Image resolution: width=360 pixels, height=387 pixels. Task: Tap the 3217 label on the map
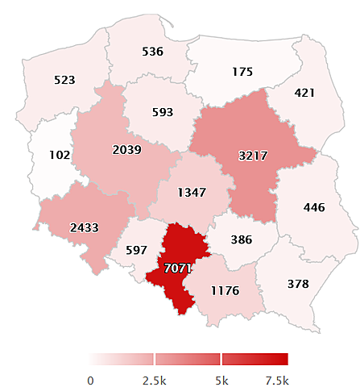click(x=252, y=154)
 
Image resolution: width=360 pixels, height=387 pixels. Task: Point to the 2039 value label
click(x=127, y=149)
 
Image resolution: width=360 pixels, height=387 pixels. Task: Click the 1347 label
click(x=192, y=193)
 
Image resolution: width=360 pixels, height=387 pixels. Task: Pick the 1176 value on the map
click(x=224, y=290)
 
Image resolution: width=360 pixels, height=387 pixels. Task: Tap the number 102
click(x=60, y=154)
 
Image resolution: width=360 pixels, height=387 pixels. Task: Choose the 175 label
click(x=242, y=72)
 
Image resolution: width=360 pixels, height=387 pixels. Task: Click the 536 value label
click(x=152, y=52)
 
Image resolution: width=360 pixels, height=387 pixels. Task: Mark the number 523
click(x=64, y=80)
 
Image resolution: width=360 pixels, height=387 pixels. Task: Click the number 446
click(x=313, y=207)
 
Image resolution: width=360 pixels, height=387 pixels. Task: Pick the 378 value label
click(x=299, y=283)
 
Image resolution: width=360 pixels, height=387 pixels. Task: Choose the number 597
click(x=137, y=250)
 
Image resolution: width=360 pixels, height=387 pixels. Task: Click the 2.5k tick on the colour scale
click(x=154, y=380)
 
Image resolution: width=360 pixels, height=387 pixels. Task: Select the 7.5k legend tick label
click(x=276, y=380)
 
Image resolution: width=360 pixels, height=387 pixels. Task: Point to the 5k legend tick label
click(x=221, y=380)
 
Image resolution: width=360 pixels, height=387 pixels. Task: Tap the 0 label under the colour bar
click(x=90, y=380)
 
